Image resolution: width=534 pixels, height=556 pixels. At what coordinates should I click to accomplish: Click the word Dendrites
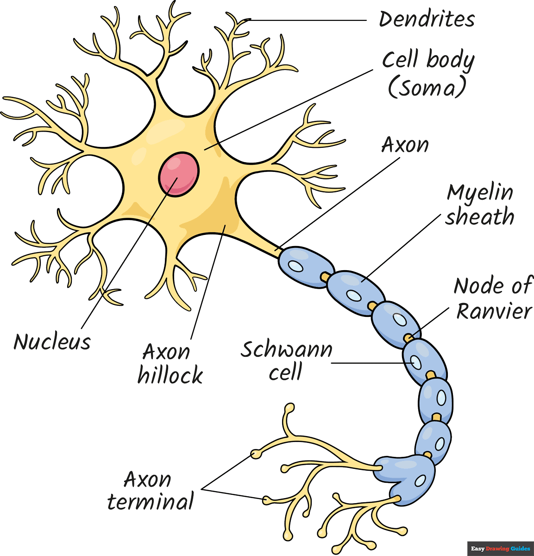coord(427,19)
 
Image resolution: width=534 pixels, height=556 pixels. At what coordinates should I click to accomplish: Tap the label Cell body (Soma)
coord(427,74)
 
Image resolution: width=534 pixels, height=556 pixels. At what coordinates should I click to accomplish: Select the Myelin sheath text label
coord(480,205)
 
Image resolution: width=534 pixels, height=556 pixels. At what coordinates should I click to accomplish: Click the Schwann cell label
coord(286,360)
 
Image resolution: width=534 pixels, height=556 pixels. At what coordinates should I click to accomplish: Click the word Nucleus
coord(52,342)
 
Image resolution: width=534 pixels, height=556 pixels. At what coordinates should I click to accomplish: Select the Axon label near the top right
coord(405,145)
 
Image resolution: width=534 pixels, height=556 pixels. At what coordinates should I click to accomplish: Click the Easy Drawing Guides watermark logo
coord(500,549)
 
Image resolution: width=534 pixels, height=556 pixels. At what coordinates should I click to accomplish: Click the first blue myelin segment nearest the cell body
coord(301,266)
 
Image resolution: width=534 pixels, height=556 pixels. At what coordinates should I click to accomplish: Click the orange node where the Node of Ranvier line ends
coord(408,338)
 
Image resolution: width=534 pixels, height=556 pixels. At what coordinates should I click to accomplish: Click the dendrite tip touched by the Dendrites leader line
coord(244,20)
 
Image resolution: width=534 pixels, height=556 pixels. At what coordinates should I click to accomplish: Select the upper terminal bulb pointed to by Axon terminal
coord(255,453)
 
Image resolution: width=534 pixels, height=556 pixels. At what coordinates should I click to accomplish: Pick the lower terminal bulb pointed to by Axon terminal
coord(267,499)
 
